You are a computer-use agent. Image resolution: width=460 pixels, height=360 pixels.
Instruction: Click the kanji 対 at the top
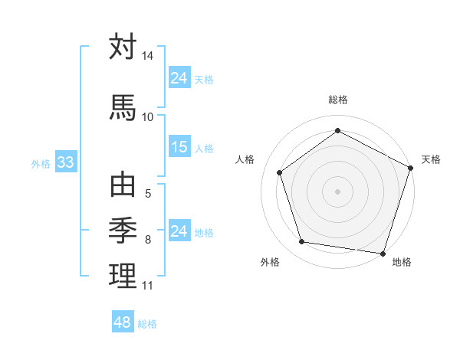123,47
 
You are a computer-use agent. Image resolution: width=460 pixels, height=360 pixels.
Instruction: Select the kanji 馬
123,106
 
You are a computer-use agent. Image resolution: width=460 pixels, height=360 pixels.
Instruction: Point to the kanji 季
123,229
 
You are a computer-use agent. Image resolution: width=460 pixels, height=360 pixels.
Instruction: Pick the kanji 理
123,275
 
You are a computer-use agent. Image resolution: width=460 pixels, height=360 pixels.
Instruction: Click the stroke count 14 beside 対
147,57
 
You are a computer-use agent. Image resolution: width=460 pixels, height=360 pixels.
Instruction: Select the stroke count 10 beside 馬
147,116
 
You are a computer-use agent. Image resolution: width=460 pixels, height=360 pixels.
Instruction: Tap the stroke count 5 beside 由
147,194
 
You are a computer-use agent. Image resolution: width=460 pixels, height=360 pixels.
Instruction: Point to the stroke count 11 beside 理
147,286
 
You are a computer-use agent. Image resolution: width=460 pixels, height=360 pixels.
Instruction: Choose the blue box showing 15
179,147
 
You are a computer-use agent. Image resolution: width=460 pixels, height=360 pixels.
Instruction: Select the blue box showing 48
122,322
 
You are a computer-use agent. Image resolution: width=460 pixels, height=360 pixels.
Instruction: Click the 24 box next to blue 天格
179,78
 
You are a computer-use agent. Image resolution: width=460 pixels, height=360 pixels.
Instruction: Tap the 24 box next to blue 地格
179,231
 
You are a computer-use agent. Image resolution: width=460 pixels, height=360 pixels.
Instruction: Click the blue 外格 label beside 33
41,163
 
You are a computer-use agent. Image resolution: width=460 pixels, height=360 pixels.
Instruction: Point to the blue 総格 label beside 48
147,324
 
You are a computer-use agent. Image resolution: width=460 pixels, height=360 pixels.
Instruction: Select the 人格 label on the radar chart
245,159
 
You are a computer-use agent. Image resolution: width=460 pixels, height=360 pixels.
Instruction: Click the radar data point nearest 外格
302,242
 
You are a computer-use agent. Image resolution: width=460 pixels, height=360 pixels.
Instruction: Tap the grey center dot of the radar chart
337,191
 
